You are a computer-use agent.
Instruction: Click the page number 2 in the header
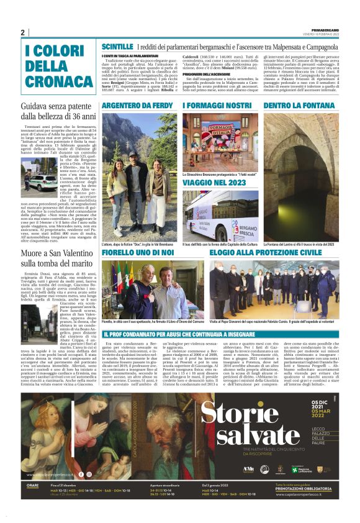point(23,33)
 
